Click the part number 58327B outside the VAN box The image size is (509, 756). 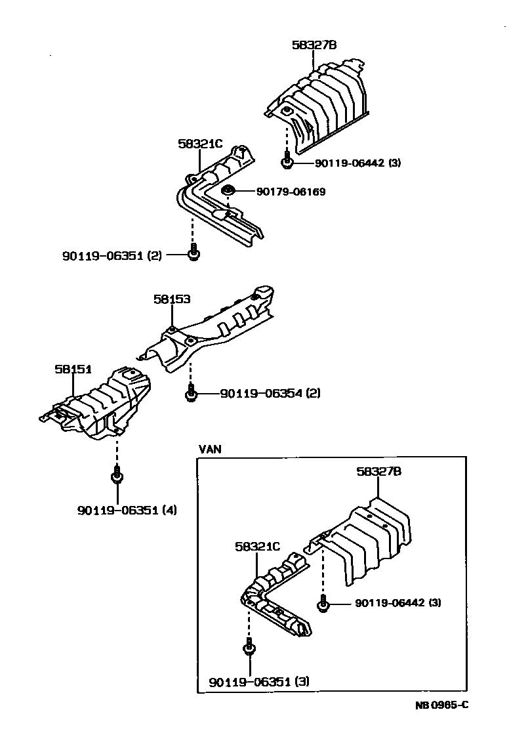tap(314, 45)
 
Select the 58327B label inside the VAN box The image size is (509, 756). tap(379, 471)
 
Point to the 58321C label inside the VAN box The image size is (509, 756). tap(257, 546)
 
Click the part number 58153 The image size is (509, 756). tap(172, 299)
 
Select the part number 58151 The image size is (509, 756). tap(73, 369)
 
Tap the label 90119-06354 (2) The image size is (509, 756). tap(270, 394)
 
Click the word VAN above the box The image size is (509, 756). tap(210, 450)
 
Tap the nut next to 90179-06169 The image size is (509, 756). tap(227, 192)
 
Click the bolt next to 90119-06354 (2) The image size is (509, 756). tap(190, 393)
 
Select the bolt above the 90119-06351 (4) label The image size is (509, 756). tap(116, 474)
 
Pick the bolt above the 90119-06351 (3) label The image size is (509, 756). tap(249, 648)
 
